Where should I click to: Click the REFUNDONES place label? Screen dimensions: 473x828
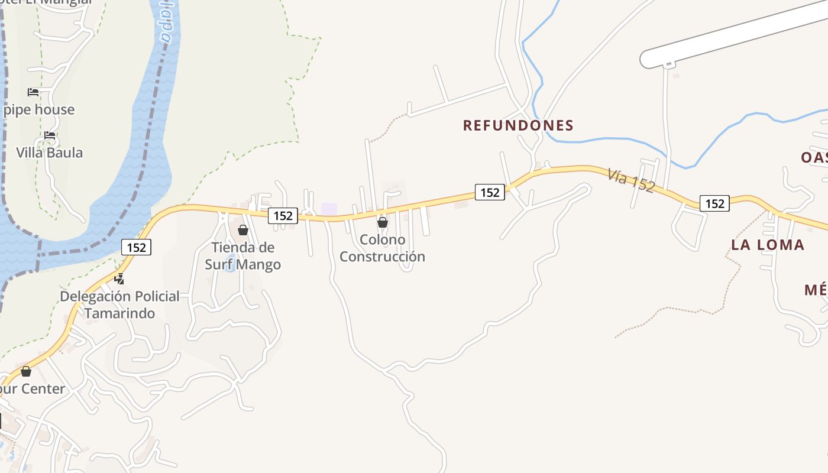(x=518, y=125)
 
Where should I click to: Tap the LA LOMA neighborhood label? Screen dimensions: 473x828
(x=768, y=245)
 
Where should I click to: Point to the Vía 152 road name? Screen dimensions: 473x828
(x=631, y=180)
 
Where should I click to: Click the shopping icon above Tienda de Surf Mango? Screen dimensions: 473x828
(x=243, y=230)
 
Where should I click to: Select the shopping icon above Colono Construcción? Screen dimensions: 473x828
(x=383, y=222)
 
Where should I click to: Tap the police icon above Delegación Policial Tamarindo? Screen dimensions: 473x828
(x=119, y=279)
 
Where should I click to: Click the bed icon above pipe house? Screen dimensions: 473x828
(x=33, y=92)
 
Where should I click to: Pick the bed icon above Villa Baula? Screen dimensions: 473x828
(x=50, y=135)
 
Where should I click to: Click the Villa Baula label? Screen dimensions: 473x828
(x=50, y=153)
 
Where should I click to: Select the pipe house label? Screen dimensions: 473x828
(x=39, y=109)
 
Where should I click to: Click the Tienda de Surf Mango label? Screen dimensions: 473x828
(x=243, y=255)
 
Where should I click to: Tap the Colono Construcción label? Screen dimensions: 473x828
(x=382, y=248)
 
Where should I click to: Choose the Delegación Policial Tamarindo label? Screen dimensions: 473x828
(x=119, y=304)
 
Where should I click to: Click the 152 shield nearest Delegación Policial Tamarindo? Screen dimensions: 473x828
(x=137, y=247)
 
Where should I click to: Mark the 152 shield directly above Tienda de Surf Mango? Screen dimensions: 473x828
(x=283, y=216)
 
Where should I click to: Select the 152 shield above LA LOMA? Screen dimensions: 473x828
(x=714, y=203)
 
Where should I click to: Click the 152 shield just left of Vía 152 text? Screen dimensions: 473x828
(x=490, y=192)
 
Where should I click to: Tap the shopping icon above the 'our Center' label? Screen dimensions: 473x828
(x=26, y=371)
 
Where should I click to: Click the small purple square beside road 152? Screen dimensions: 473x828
(x=329, y=209)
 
